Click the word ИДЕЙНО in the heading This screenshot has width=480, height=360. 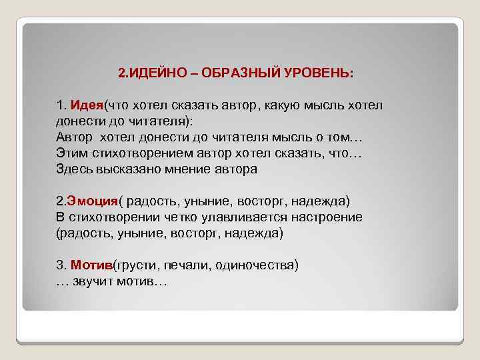(x=153, y=73)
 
